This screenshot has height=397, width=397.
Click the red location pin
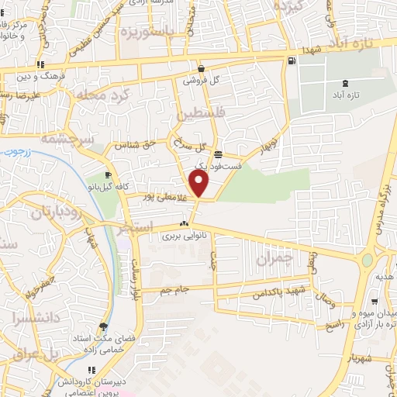(200, 185)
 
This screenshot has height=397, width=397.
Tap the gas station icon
(291, 61)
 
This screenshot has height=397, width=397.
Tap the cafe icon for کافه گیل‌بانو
(108, 175)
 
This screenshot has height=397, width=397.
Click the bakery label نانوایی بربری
(182, 236)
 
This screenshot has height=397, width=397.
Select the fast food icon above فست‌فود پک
(219, 154)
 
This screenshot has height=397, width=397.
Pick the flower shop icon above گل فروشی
(200, 68)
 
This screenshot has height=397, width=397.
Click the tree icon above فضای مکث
(104, 326)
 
